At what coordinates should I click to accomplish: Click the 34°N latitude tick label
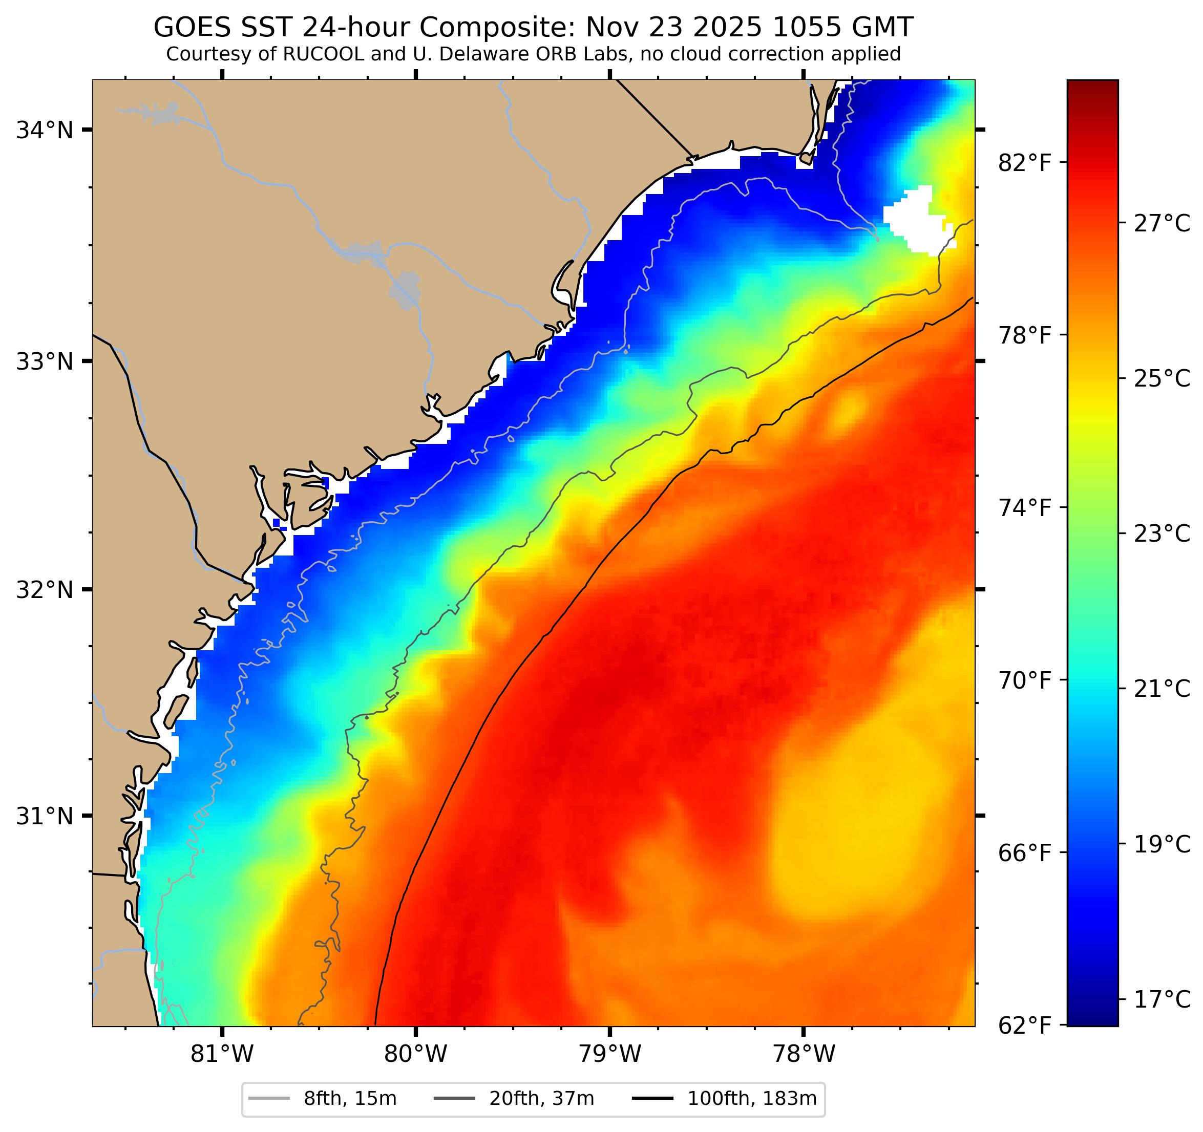(44, 130)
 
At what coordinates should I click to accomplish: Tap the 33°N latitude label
(44, 362)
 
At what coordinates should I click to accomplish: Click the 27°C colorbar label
(1161, 224)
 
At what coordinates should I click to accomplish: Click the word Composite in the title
(497, 27)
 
